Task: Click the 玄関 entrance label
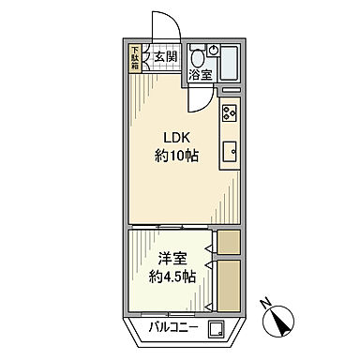pyautogui.click(x=165, y=57)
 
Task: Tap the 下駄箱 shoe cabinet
pyautogui.click(x=135, y=58)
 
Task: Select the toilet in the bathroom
pyautogui.click(x=197, y=53)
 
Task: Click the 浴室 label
pyautogui.click(x=200, y=73)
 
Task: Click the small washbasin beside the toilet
pyautogui.click(x=214, y=50)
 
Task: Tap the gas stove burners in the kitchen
pyautogui.click(x=230, y=116)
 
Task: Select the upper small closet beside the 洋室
pyautogui.click(x=228, y=242)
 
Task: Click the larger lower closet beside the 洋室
pyautogui.click(x=228, y=285)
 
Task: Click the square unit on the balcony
pyautogui.click(x=217, y=329)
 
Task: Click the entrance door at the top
pyautogui.click(x=156, y=22)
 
